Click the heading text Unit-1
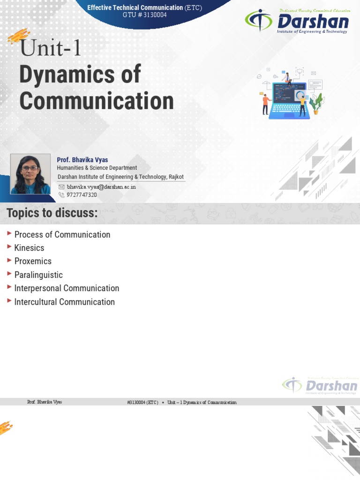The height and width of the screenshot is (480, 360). [51, 48]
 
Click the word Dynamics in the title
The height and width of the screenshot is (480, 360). [80, 75]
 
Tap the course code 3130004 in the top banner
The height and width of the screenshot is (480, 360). [153, 15]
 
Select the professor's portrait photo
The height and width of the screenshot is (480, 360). [30, 174]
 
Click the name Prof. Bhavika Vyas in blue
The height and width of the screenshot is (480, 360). [82, 160]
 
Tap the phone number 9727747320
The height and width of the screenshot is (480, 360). [82, 195]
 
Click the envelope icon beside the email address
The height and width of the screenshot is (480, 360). [61, 187]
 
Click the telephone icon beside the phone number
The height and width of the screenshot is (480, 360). [61, 195]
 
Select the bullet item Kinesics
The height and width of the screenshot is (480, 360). [29, 248]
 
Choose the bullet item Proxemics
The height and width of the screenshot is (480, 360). [33, 261]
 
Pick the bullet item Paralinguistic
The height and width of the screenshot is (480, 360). [38, 275]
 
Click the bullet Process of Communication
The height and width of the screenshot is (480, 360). [62, 234]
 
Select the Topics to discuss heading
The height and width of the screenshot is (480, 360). [52, 213]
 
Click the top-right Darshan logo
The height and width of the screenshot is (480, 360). [297, 22]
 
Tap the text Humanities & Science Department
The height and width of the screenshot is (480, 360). [97, 168]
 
